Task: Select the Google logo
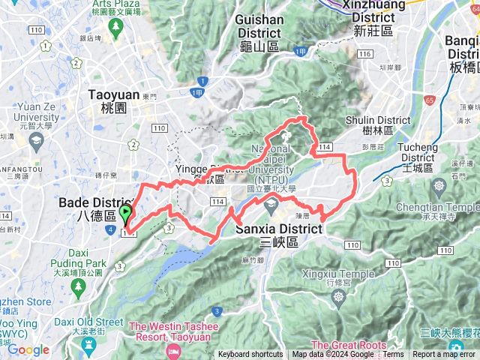coord(28,349)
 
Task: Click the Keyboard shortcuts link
coord(250,355)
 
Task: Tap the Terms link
coord(393,355)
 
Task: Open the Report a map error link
coord(444,355)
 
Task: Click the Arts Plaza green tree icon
coord(116,27)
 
